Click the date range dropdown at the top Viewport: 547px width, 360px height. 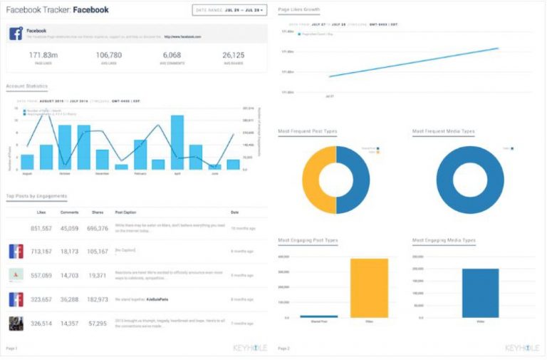(x=229, y=10)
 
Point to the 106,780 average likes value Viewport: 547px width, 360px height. (x=109, y=55)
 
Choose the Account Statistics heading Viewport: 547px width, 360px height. (x=27, y=86)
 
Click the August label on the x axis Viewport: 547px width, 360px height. (x=27, y=173)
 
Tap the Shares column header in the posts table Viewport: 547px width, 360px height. (x=98, y=212)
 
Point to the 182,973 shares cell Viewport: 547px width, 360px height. (x=98, y=299)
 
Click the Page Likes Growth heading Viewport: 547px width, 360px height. (x=299, y=10)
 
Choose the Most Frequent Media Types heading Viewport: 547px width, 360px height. (x=444, y=131)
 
